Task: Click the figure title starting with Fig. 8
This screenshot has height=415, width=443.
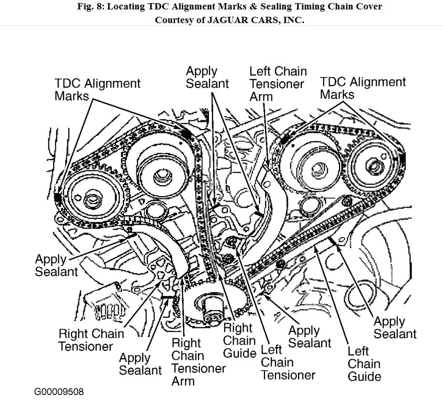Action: [x=221, y=6]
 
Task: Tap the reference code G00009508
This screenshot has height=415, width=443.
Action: [x=59, y=392]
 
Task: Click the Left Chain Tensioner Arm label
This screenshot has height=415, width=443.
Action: [x=277, y=83]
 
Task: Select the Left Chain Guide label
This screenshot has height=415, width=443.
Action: [x=364, y=363]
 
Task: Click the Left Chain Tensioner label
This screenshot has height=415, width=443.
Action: [x=288, y=362]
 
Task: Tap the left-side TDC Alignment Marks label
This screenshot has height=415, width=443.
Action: [x=98, y=90]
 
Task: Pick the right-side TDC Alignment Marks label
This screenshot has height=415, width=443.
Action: [x=363, y=88]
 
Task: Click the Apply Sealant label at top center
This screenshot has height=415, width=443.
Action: [x=207, y=77]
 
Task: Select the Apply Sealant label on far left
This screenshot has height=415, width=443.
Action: [x=56, y=265]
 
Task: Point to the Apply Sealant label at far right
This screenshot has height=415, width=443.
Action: [x=395, y=327]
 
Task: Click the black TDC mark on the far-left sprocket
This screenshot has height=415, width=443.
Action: [x=57, y=198]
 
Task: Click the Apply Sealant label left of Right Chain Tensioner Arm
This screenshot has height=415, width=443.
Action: [x=140, y=364]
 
